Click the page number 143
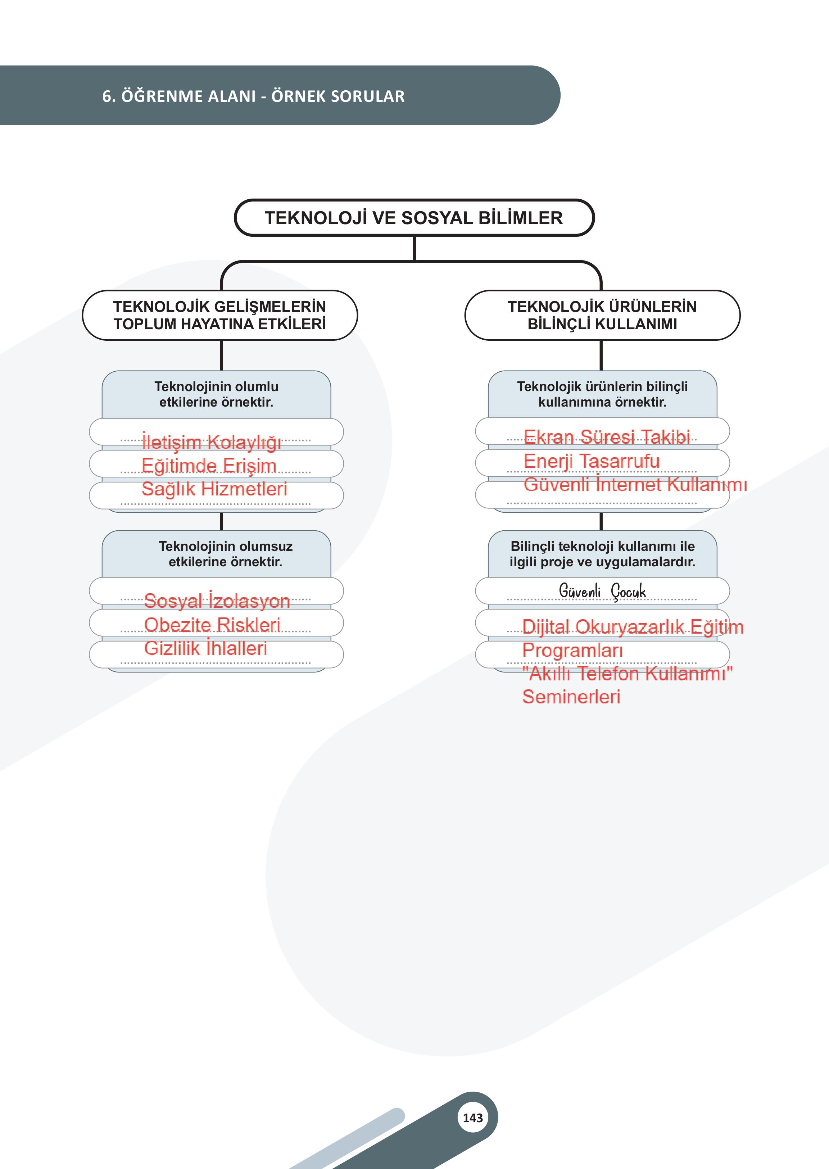click(472, 1118)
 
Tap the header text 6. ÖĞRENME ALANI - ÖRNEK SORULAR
click(253, 96)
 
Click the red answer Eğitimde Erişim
click(209, 466)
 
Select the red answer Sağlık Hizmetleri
click(214, 489)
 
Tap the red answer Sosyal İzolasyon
click(217, 601)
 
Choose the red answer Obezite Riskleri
click(212, 624)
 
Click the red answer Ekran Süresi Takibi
click(606, 437)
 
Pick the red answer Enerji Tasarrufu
click(591, 461)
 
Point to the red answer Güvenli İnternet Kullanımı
click(635, 484)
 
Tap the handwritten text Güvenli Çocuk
click(602, 591)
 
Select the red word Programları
click(572, 651)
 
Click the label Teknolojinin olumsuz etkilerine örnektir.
click(225, 554)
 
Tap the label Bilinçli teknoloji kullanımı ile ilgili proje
click(602, 554)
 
